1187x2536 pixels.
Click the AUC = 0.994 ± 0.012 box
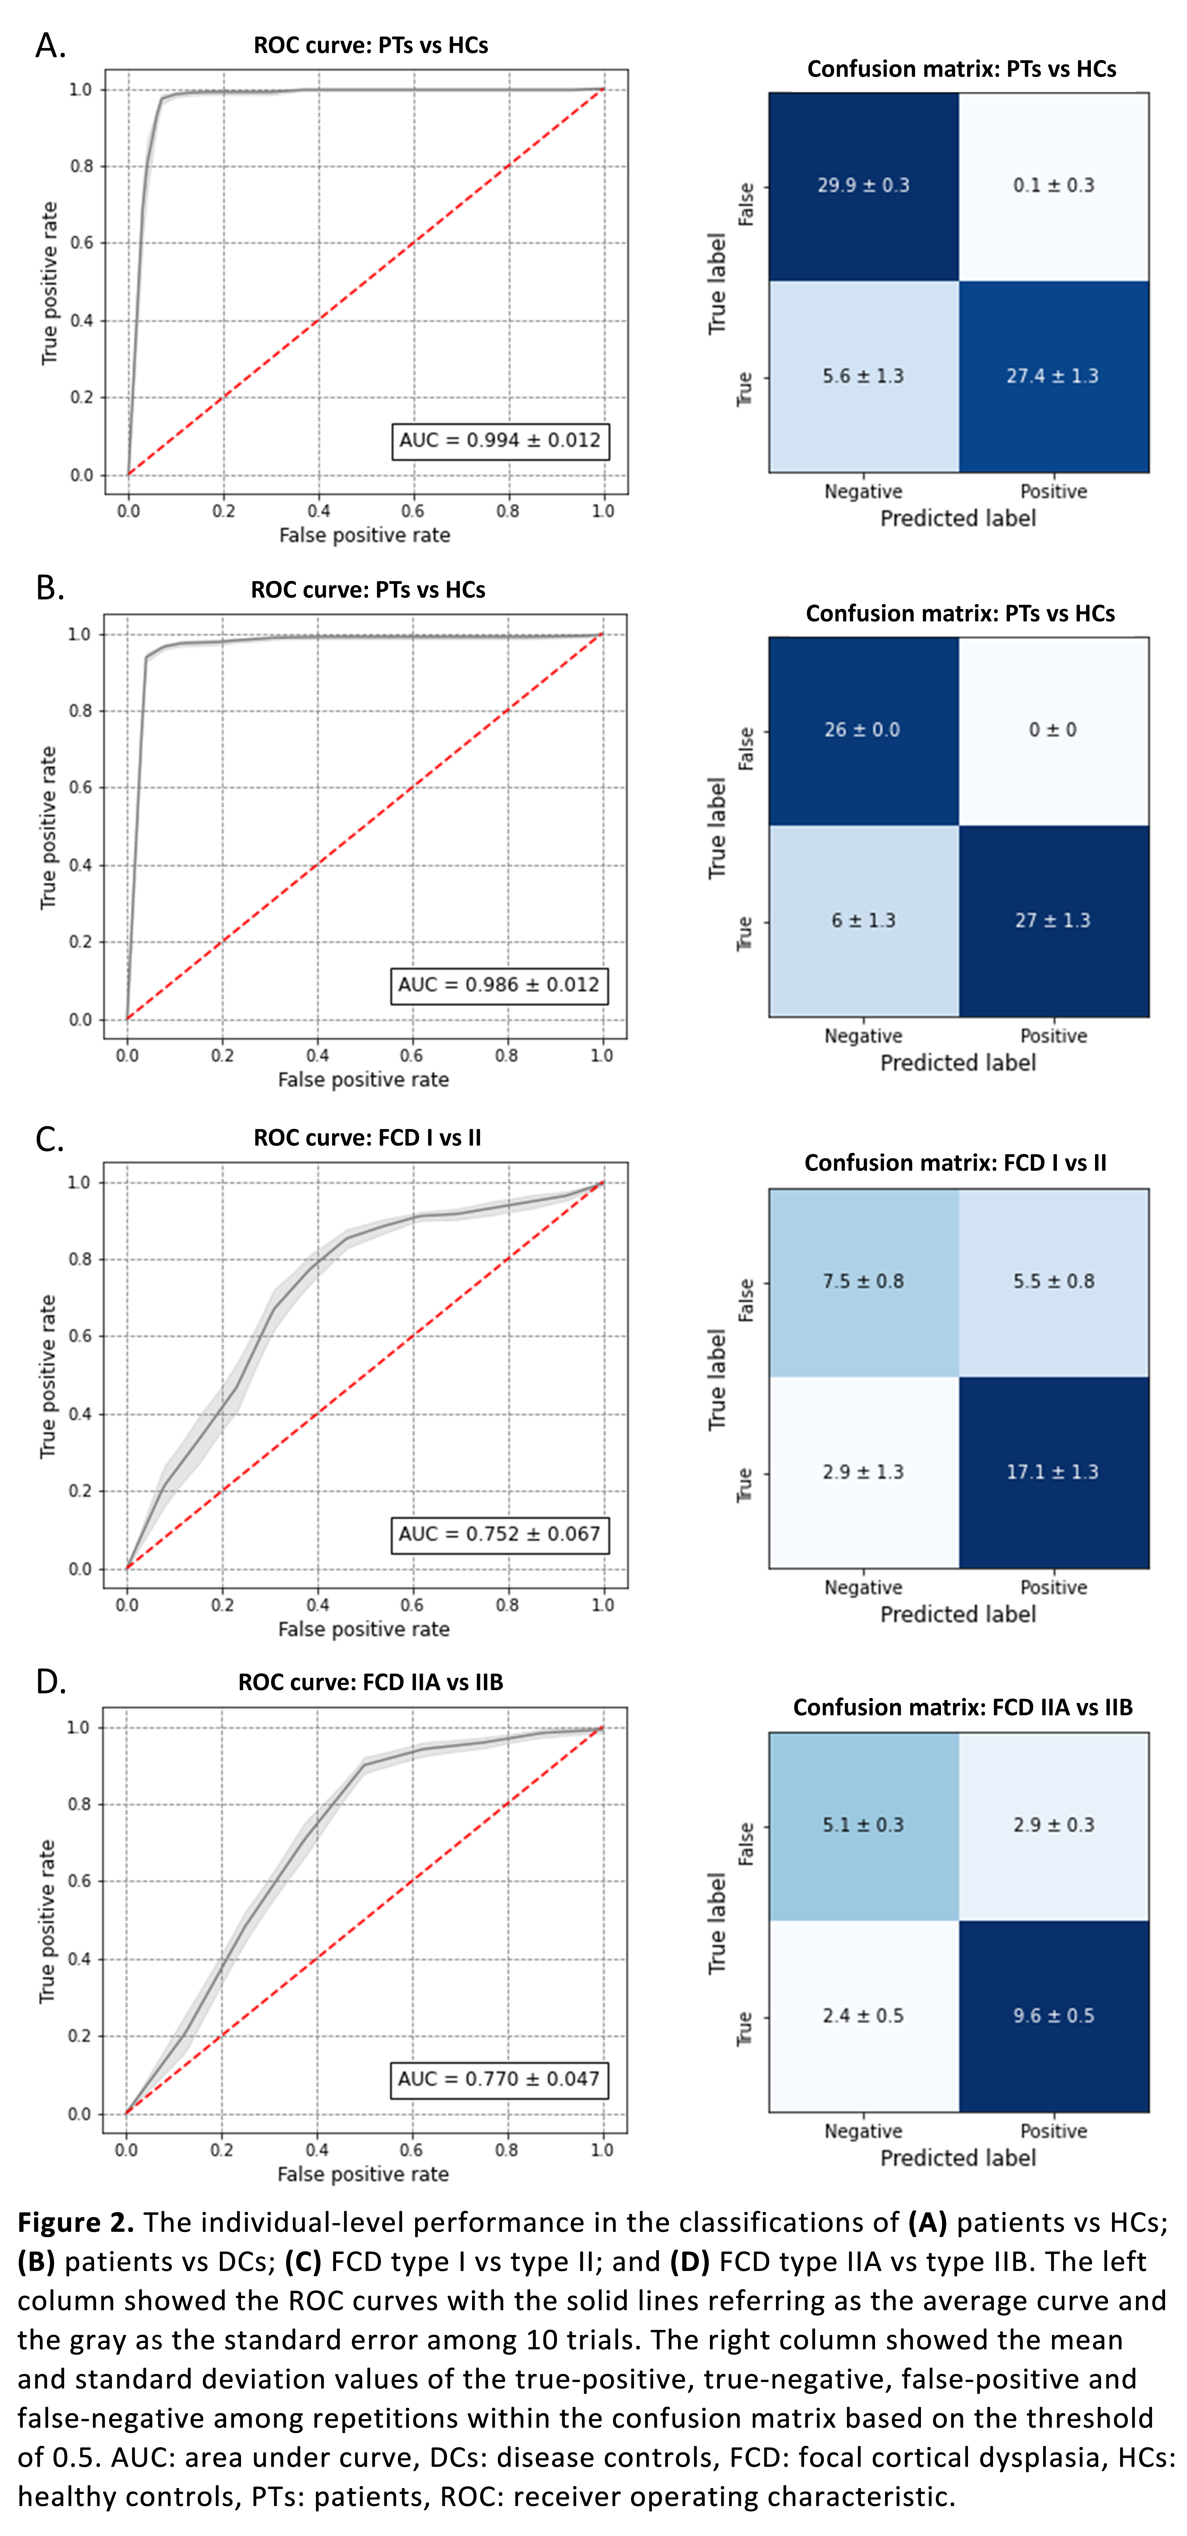coord(500,440)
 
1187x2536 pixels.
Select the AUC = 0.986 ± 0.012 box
coord(499,985)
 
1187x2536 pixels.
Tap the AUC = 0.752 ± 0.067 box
coord(500,1534)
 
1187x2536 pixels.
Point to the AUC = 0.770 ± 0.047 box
coord(499,2079)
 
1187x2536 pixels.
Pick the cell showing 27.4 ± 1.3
coord(1053,376)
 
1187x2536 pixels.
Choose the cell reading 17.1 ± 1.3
coord(1053,1472)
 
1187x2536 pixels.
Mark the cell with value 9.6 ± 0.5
coord(1053,2015)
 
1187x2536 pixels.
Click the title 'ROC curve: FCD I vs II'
coord(367,1138)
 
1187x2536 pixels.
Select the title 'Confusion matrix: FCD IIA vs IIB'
coord(963,1707)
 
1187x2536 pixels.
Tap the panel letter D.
coord(50,1683)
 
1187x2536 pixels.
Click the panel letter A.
coord(50,45)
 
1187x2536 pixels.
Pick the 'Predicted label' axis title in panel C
coord(958,1614)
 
